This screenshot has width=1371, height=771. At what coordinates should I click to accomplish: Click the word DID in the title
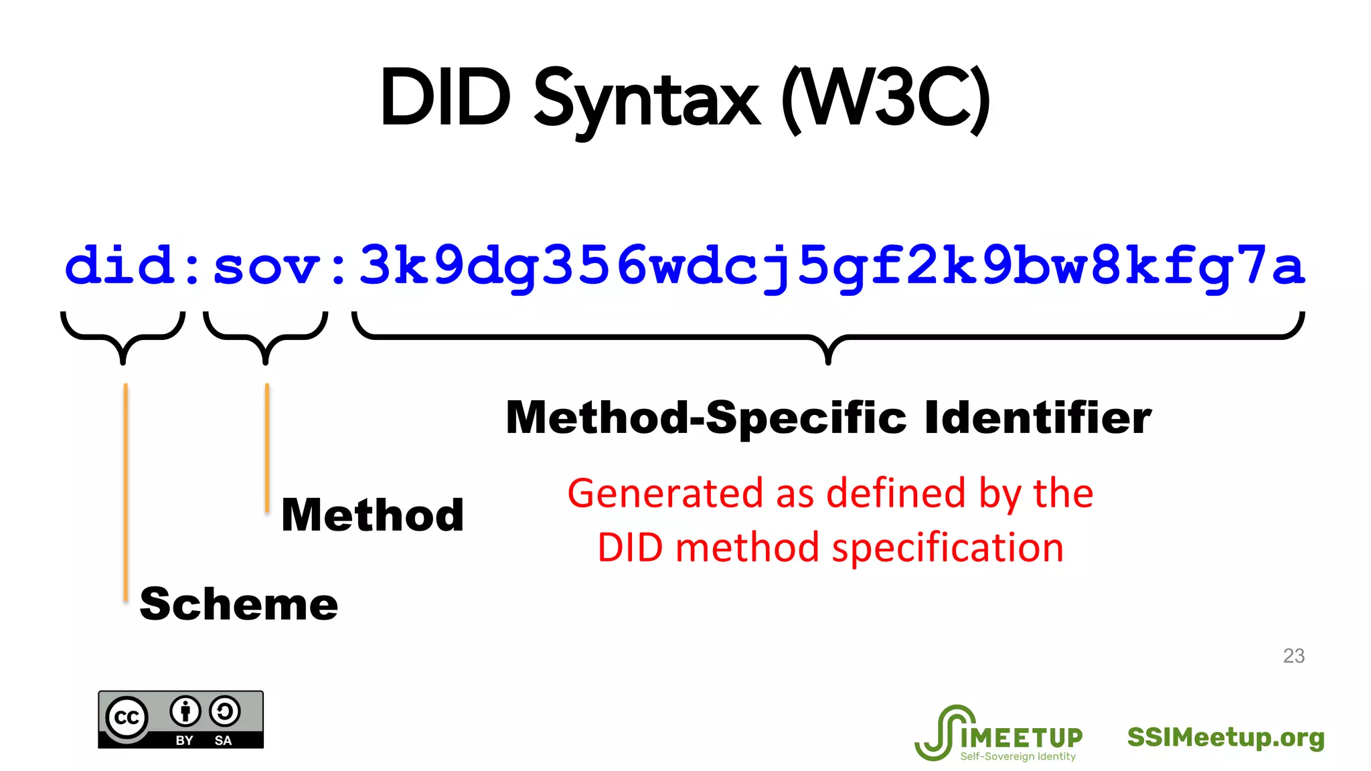[x=445, y=98]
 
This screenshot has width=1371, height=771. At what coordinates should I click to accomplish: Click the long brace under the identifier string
[x=828, y=338]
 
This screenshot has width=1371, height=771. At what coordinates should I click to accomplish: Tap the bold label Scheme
[x=239, y=604]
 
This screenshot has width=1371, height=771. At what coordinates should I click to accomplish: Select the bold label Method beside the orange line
[x=373, y=515]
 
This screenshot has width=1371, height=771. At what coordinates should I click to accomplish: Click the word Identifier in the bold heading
[x=1038, y=418]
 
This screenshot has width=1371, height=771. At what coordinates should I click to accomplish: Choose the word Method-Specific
[x=706, y=418]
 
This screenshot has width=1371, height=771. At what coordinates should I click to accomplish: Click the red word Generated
[x=665, y=493]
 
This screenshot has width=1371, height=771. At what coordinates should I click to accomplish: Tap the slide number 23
[x=1293, y=656]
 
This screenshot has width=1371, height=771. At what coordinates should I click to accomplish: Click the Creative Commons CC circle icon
[x=127, y=717]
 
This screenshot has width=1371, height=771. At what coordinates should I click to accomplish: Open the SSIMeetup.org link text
[x=1226, y=737]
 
